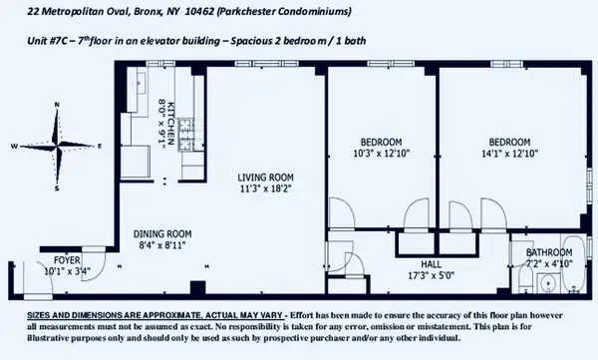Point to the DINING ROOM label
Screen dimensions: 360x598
point(162,234)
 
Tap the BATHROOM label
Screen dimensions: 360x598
point(549,252)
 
